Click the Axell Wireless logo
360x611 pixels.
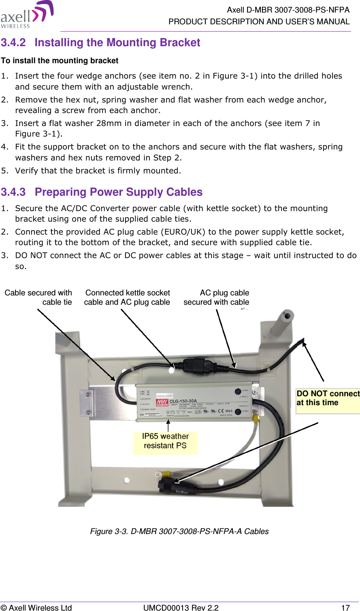(x=27, y=15)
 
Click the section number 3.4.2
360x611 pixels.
(x=13, y=43)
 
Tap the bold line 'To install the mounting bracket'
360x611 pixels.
(x=60, y=61)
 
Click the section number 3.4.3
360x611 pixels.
(x=13, y=192)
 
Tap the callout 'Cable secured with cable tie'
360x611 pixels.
(x=38, y=297)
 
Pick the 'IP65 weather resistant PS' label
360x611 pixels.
(x=165, y=441)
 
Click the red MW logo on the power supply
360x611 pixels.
(x=162, y=403)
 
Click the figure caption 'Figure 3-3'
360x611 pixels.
(x=179, y=532)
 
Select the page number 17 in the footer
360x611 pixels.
(x=345, y=607)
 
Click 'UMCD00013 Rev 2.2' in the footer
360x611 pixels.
(x=181, y=607)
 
